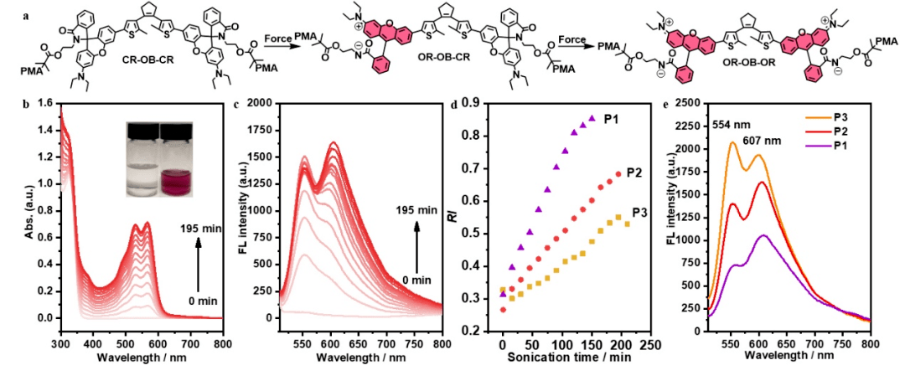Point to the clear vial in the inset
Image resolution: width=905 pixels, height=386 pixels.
point(140,160)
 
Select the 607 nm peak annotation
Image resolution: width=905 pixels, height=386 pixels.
point(771,140)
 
